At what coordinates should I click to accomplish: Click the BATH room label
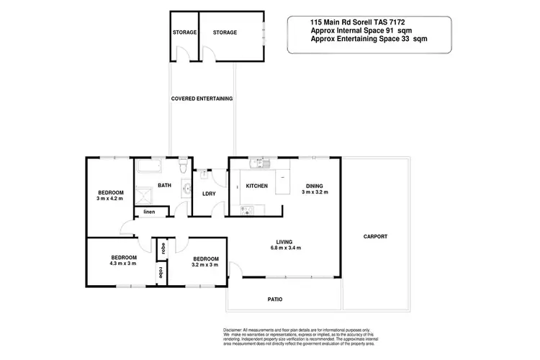(165, 186)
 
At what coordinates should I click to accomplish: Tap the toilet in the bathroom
(185, 167)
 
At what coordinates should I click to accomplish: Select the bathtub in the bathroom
(148, 168)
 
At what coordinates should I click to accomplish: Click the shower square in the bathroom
(145, 195)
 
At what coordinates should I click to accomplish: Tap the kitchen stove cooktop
(247, 210)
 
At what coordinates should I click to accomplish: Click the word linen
(149, 212)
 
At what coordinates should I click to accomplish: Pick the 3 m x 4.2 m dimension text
(111, 199)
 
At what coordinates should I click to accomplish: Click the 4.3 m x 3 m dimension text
(123, 264)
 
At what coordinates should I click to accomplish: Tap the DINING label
(315, 185)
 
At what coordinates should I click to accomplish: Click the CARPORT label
(375, 236)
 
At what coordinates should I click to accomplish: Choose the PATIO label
(275, 298)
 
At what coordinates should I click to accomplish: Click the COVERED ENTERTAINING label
(201, 99)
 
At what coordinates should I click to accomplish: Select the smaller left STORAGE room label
(184, 32)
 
